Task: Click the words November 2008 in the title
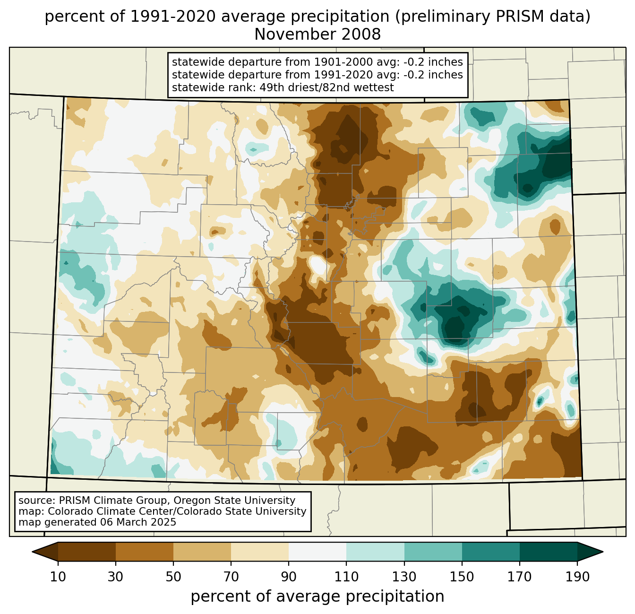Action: click(317, 35)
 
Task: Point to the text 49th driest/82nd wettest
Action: click(326, 87)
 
